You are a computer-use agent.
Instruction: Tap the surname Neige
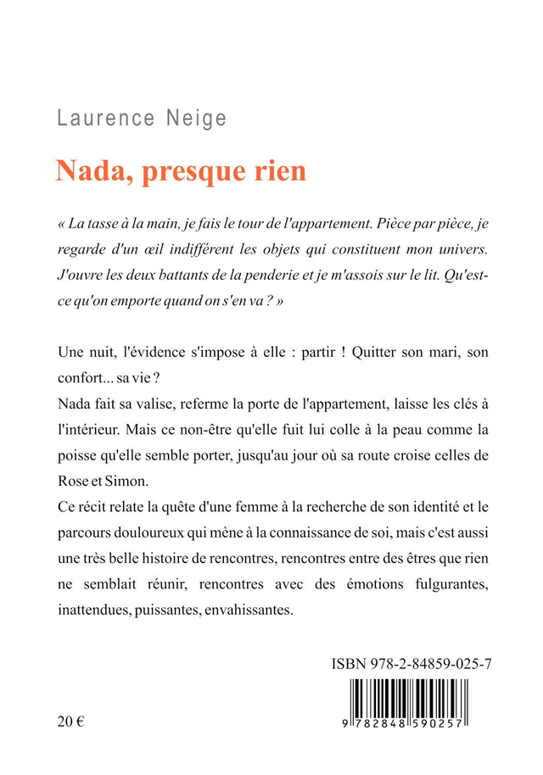tap(197, 118)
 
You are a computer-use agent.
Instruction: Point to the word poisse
tap(80, 455)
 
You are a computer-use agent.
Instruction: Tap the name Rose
tap(74, 481)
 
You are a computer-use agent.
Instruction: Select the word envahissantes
tap(248, 611)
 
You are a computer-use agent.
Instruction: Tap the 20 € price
tap(72, 722)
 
